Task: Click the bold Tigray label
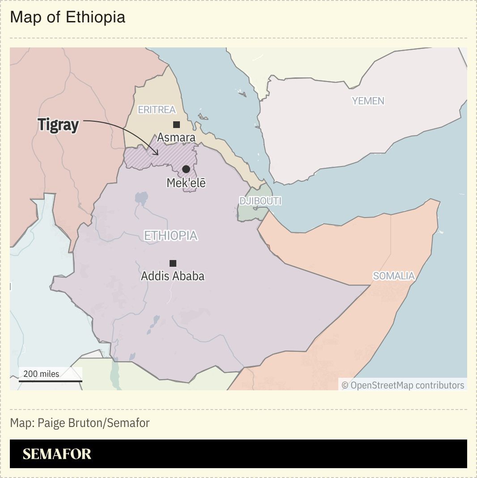point(58,124)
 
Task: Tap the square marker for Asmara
point(176,124)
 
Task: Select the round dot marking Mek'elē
point(186,169)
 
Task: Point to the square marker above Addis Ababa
point(173,263)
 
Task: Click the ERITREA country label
point(157,110)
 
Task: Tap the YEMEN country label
point(368,101)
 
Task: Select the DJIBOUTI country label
point(260,201)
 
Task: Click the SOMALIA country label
point(394,276)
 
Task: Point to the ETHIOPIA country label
point(170,235)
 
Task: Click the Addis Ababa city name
point(173,276)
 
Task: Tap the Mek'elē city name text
point(186,183)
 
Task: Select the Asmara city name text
point(176,137)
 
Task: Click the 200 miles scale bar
point(50,381)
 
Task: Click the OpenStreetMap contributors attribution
point(403,385)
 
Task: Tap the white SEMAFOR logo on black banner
point(57,454)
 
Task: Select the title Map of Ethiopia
point(68,17)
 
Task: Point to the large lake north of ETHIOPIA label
point(141,198)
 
